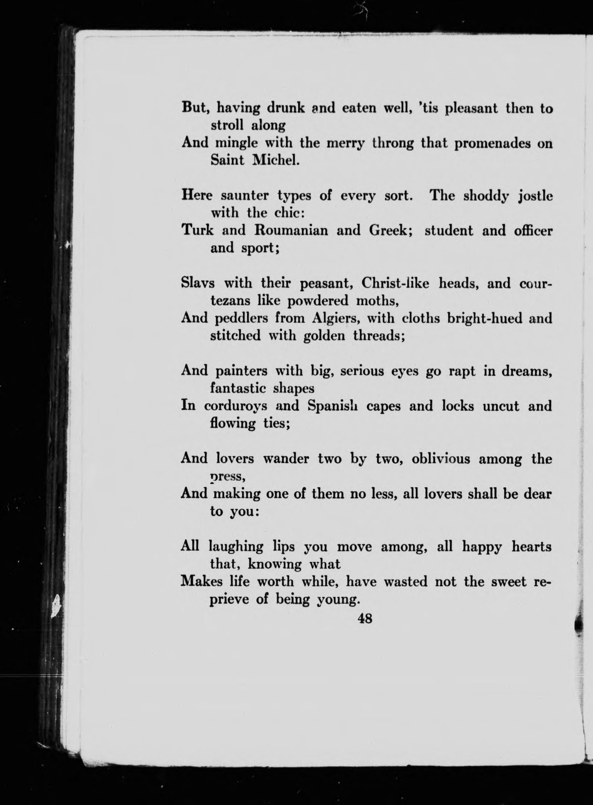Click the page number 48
tap(365, 618)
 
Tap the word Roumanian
tap(291, 230)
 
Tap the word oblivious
tap(441, 459)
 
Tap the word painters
tap(241, 371)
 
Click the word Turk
tap(197, 230)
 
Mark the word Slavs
tap(198, 283)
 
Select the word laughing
tap(236, 547)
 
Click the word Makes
tap(202, 581)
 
